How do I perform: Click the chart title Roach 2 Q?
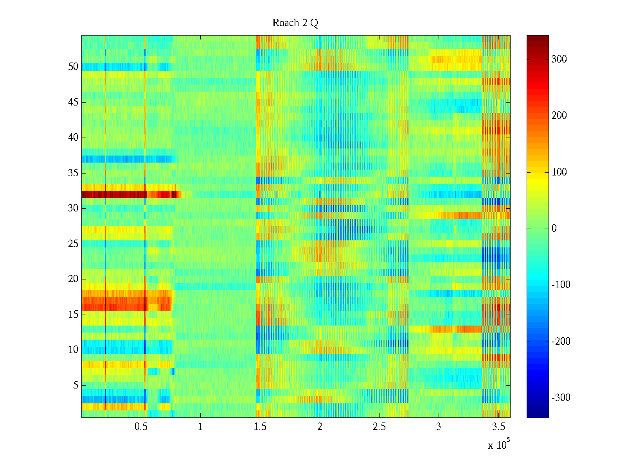pos(295,23)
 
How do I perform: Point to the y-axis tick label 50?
pos(73,67)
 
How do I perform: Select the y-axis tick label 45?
pos(73,102)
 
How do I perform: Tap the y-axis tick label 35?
pos(73,173)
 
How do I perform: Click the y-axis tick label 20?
pos(73,279)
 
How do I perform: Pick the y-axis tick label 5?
pos(76,385)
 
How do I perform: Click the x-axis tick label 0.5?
pos(141,426)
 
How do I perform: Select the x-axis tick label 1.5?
pos(260,426)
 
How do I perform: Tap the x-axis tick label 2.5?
pos(379,426)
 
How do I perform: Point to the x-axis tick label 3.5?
pos(498,426)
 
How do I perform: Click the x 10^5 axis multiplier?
pos(498,444)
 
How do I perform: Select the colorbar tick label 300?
pos(559,59)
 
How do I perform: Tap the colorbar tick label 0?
pos(554,229)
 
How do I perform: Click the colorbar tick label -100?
pos(561,285)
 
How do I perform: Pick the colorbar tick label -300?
pos(561,398)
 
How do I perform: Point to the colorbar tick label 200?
pos(559,116)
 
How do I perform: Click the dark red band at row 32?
pos(113,194)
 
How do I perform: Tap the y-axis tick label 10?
pos(73,350)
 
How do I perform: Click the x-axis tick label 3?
pos(439,426)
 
